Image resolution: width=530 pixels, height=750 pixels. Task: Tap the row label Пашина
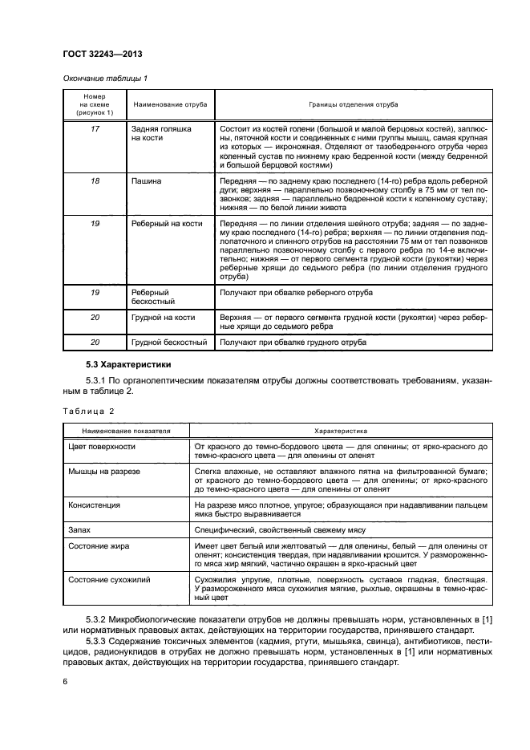tap(147, 182)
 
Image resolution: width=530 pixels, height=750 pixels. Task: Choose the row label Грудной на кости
tap(164, 318)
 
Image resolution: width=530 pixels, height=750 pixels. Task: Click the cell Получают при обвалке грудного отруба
tap(293, 343)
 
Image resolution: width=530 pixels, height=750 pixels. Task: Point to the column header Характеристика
tap(340, 431)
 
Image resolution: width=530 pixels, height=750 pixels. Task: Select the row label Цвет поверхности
tap(102, 445)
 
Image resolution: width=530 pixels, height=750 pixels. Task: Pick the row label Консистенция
tap(95, 505)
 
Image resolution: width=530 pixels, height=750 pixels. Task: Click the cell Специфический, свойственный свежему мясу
tap(285, 531)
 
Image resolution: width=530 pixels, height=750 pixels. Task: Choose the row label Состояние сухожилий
tap(109, 578)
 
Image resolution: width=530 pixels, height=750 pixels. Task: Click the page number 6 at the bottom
tap(65, 680)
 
